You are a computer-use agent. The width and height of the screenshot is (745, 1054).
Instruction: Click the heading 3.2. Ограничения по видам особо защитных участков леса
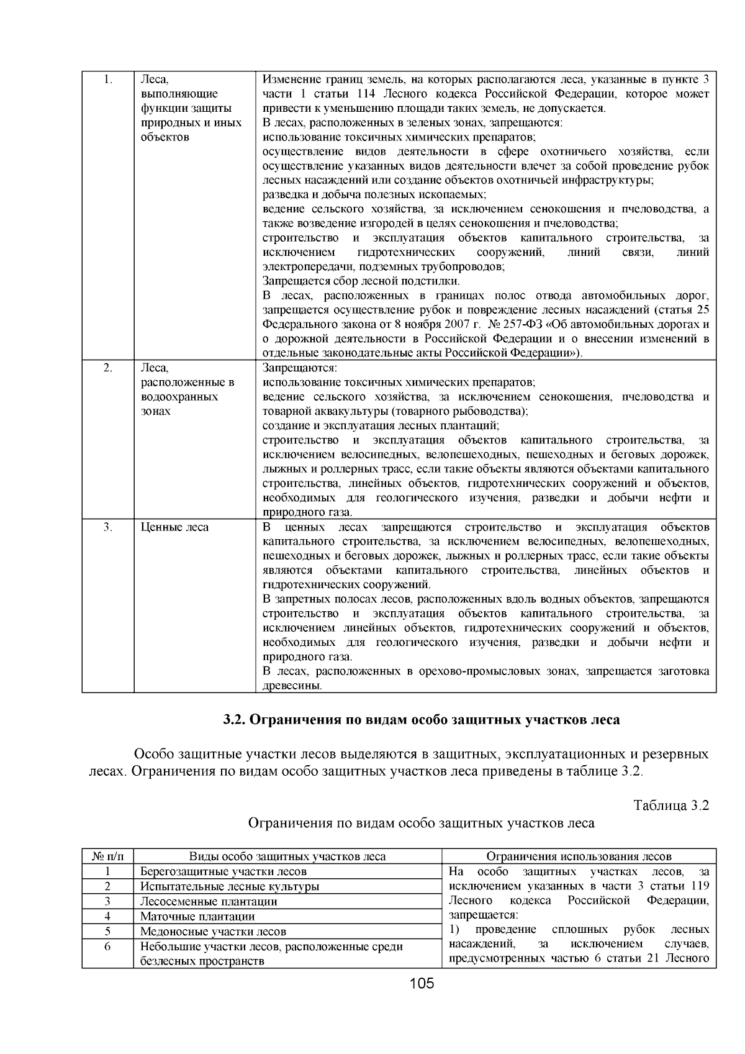click(422, 720)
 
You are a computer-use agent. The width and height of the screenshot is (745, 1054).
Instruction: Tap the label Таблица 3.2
click(670, 806)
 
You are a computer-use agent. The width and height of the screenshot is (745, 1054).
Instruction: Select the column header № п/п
click(108, 856)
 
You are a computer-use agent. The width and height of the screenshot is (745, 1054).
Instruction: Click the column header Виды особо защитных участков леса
click(287, 856)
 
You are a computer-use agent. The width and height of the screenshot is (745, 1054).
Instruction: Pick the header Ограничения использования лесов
click(579, 856)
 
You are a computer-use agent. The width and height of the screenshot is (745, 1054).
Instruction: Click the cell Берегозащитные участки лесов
click(223, 871)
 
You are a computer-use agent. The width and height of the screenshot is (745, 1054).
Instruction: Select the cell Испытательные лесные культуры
click(230, 886)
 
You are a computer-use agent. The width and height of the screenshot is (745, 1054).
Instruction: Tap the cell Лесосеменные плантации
click(209, 901)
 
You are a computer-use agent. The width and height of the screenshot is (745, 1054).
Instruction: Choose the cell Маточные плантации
click(197, 916)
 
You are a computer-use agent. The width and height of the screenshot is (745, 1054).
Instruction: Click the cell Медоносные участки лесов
click(213, 931)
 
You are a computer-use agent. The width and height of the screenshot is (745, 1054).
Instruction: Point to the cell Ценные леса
click(174, 527)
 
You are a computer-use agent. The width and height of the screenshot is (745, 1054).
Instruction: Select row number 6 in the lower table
click(107, 947)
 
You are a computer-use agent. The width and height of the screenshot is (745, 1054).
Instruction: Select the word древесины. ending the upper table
click(292, 686)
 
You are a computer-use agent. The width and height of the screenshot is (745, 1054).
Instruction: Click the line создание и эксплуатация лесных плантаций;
click(381, 425)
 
